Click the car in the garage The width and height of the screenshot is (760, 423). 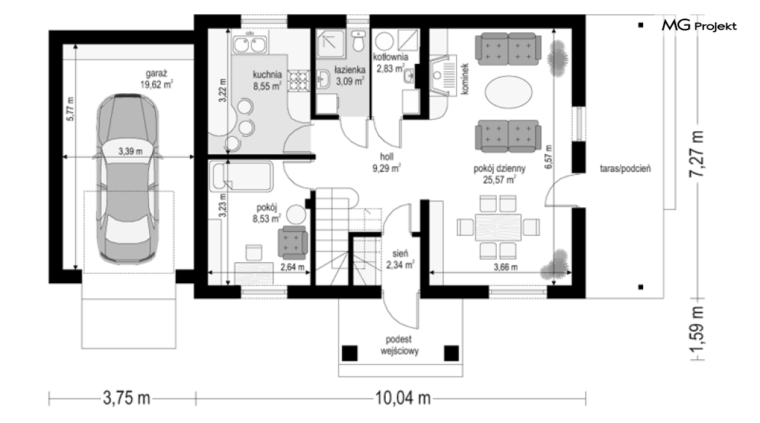click(128, 179)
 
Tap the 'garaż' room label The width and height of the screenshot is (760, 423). click(156, 74)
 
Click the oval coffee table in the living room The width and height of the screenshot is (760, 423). click(508, 92)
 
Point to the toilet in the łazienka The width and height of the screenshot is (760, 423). click(358, 41)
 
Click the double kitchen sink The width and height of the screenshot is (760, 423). click(250, 44)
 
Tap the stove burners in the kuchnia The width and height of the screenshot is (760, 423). click(298, 81)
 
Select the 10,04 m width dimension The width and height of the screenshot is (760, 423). click(403, 399)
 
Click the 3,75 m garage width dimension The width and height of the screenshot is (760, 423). click(126, 399)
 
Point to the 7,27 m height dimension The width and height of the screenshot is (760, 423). click(697, 154)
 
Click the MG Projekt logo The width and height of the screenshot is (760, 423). click(699, 26)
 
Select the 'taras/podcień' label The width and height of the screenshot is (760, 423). click(625, 168)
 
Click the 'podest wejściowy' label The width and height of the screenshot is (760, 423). click(399, 346)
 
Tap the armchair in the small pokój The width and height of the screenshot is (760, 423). click(293, 242)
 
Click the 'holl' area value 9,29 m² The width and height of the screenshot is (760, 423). click(386, 168)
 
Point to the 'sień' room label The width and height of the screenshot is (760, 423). click(400, 253)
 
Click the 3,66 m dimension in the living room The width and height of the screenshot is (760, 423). click(505, 267)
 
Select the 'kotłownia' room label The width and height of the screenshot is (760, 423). click(391, 57)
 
